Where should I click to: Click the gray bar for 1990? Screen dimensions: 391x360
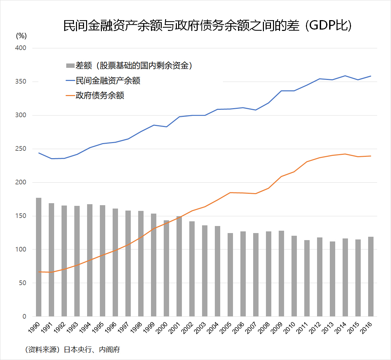click(x=39, y=257)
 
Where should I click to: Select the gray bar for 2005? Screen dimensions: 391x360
click(x=230, y=275)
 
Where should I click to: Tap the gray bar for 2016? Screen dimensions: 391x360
click(x=370, y=276)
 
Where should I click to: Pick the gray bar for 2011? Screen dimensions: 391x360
click(x=307, y=278)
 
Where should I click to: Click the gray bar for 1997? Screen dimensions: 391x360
click(x=128, y=264)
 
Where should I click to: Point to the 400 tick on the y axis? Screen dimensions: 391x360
click(x=21, y=48)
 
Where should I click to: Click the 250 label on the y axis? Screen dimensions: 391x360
click(x=21, y=149)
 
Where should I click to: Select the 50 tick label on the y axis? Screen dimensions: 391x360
click(x=23, y=283)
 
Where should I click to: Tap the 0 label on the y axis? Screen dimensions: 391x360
click(x=24, y=316)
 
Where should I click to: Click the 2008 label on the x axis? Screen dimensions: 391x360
click(x=264, y=328)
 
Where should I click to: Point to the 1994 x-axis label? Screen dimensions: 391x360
click(x=85, y=328)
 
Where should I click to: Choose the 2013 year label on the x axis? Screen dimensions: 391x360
click(x=328, y=328)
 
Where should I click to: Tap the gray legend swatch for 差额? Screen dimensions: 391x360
click(x=70, y=66)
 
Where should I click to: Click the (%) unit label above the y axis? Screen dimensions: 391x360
click(x=21, y=36)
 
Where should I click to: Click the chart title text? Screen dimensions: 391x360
click(x=207, y=26)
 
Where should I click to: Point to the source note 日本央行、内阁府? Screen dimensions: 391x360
click(x=92, y=350)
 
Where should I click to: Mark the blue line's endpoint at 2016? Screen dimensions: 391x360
click(x=370, y=76)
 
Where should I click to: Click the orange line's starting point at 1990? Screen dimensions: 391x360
click(x=39, y=272)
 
